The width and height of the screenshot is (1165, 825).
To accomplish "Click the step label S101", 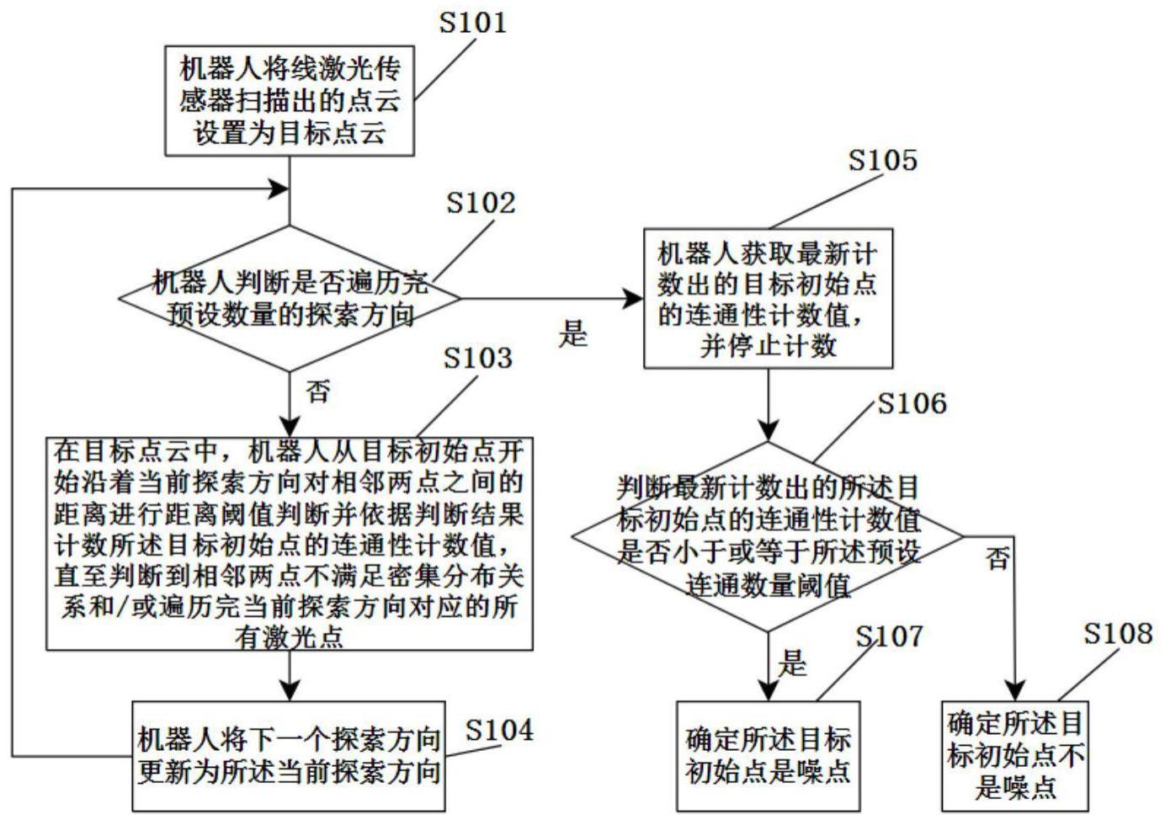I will pyautogui.click(x=473, y=23).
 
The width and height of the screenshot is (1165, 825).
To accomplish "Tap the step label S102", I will pyautogui.click(x=480, y=203).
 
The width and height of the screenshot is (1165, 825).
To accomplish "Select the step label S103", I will pyautogui.click(x=477, y=359).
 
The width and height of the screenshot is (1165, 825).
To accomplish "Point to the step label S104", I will pyautogui.click(x=499, y=731).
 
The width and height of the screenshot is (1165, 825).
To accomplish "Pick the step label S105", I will pyautogui.click(x=882, y=160).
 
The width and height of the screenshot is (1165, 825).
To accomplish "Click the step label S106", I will pyautogui.click(x=912, y=404).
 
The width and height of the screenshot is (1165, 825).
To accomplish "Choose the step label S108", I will pyautogui.click(x=1117, y=634).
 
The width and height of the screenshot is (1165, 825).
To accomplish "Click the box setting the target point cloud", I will pyautogui.click(x=290, y=101).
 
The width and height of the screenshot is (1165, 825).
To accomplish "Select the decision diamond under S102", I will pyautogui.click(x=290, y=298).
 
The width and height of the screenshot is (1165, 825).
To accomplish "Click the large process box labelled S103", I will pyautogui.click(x=290, y=543).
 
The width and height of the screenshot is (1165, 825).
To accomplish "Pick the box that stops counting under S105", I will pyautogui.click(x=768, y=299).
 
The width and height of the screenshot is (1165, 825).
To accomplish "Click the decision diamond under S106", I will pyautogui.click(x=768, y=535).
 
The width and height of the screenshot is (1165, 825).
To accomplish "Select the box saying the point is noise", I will pyautogui.click(x=768, y=755).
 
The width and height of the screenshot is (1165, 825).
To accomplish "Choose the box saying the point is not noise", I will pyautogui.click(x=1015, y=755).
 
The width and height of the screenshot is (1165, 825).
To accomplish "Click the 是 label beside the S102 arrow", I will pyautogui.click(x=572, y=334).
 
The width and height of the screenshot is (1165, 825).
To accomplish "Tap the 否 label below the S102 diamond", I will pyautogui.click(x=317, y=391).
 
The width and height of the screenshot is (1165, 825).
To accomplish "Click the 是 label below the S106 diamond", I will pyautogui.click(x=792, y=663).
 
